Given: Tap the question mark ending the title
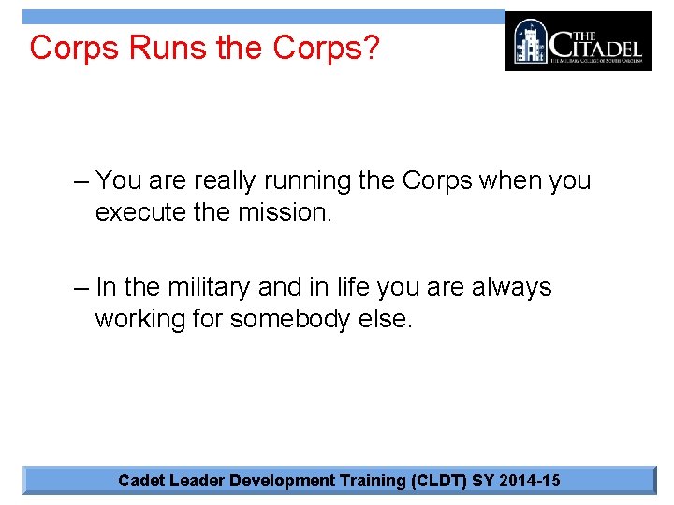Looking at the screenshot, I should [x=372, y=48].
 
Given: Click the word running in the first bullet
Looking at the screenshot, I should [x=310, y=180].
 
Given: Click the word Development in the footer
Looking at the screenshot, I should [x=284, y=481].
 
